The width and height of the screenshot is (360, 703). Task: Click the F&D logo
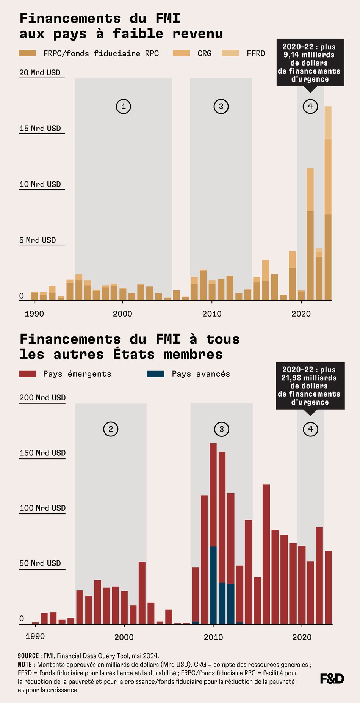coord(332,679)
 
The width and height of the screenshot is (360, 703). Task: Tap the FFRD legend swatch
coord(230,53)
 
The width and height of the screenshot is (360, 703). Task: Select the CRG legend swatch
coord(181,53)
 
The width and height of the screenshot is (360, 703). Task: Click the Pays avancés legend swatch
coord(155,374)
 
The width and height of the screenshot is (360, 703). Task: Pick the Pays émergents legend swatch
coord(27,374)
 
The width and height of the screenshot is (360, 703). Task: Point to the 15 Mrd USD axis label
coord(40,128)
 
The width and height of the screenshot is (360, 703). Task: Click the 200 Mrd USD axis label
coord(42,397)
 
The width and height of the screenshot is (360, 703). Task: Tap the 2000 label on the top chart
coord(122,314)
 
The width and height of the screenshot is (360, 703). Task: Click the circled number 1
coord(123,107)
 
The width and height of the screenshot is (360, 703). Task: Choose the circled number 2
coord(111,429)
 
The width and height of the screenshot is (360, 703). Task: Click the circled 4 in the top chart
coord(310,106)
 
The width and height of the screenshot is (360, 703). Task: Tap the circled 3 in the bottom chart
coord(222,429)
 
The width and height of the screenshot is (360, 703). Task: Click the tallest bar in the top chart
coord(328,205)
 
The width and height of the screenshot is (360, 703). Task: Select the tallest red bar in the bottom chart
coord(213,493)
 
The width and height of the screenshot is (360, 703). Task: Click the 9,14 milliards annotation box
coord(310,63)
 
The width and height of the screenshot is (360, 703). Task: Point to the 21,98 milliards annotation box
coord(310,386)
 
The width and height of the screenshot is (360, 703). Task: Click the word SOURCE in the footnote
coord(28,656)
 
